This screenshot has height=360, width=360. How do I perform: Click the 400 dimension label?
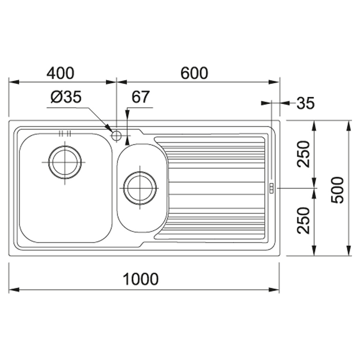pos(60,73)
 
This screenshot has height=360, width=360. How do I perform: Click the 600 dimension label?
pos(194,73)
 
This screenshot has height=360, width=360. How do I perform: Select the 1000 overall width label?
pos(140,279)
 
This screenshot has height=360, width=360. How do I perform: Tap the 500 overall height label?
pos(338,190)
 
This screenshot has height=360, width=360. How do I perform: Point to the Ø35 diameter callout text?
pos(66,97)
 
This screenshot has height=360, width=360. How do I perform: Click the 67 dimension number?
pos(140,97)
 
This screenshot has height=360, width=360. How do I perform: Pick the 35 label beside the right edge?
pos(306,103)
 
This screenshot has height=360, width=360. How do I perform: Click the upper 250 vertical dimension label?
pos(304,154)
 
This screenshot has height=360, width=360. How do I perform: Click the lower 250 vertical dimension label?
pos(304,220)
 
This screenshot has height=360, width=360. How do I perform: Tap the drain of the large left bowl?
pos(65,162)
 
